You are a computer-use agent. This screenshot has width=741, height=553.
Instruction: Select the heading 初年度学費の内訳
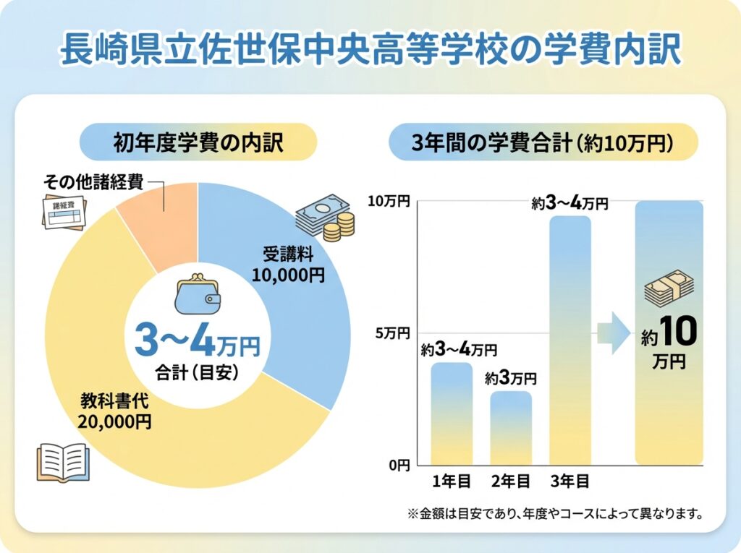coord(198,142)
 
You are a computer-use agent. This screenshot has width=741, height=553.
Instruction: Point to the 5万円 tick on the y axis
coord(393,333)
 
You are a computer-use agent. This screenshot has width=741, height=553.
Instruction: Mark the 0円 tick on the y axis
coord(398,465)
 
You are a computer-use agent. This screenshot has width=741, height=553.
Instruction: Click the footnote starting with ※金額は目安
coord(555,515)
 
